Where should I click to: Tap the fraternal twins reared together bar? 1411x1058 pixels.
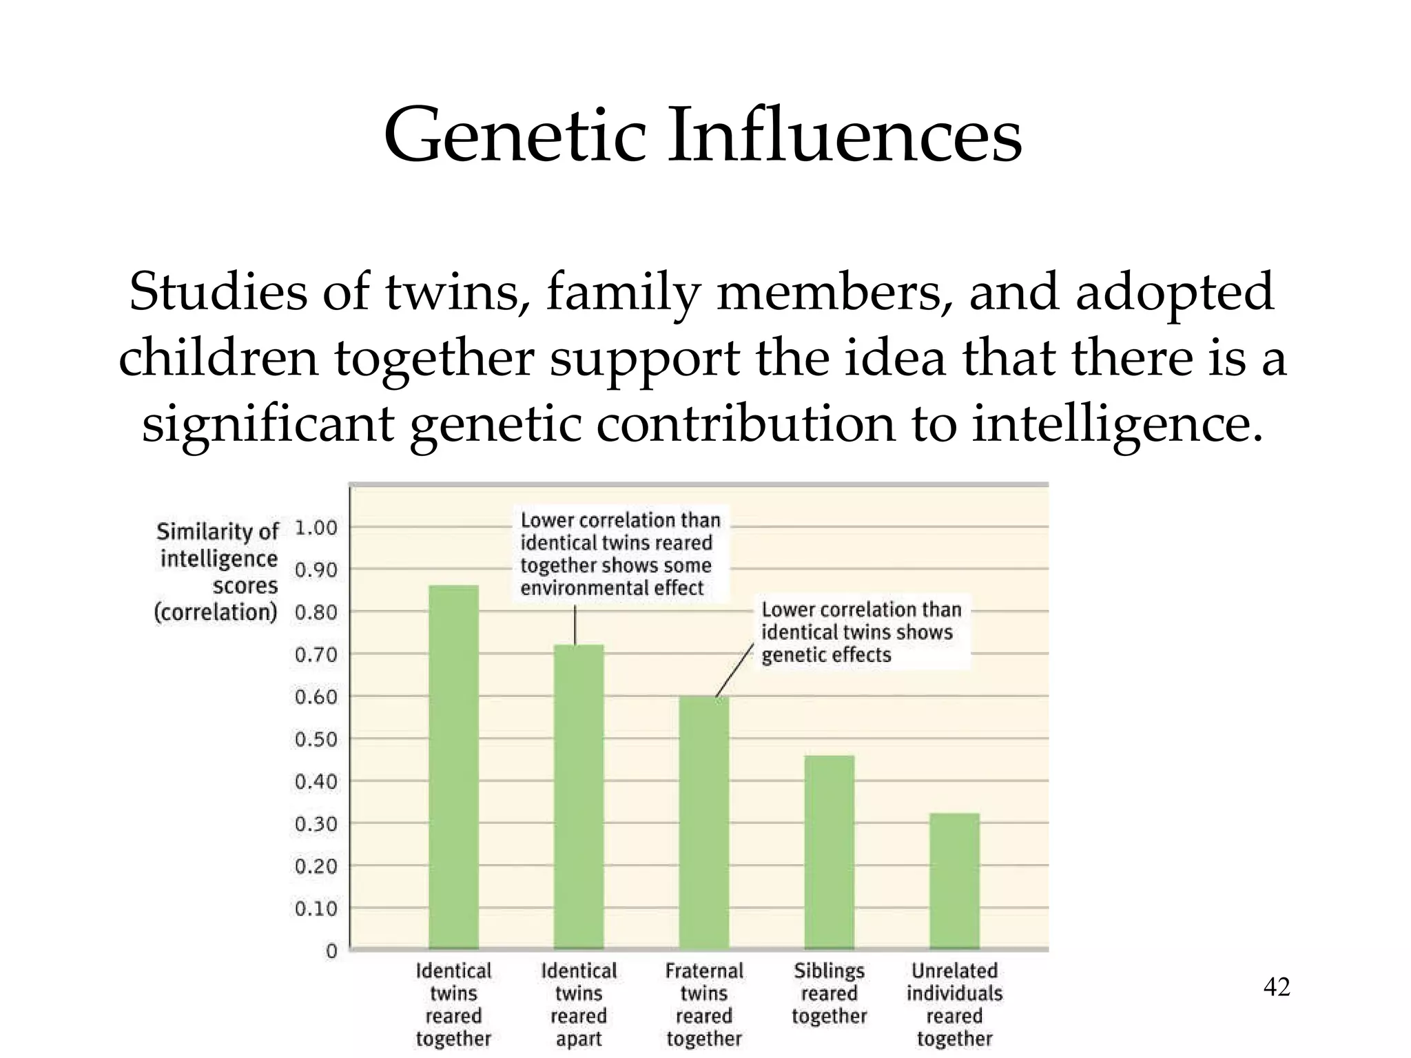pos(703,822)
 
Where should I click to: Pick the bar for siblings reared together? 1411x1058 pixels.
pos(829,852)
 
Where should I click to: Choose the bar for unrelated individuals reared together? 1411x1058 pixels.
pos(954,881)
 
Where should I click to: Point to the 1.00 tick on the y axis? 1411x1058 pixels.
pos(316,528)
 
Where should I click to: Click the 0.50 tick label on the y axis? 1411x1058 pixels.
pos(316,740)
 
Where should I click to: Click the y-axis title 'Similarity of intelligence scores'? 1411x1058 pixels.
pos(218,571)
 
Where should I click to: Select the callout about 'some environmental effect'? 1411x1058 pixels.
pos(619,554)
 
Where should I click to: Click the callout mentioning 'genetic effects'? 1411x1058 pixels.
pos(861,632)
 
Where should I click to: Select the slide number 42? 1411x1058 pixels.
pos(1277,987)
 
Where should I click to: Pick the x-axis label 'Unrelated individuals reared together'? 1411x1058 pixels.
pos(954,1004)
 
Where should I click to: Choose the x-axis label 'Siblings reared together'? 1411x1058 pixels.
pos(829,993)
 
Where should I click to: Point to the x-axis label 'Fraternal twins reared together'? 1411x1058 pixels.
pos(703,1004)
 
